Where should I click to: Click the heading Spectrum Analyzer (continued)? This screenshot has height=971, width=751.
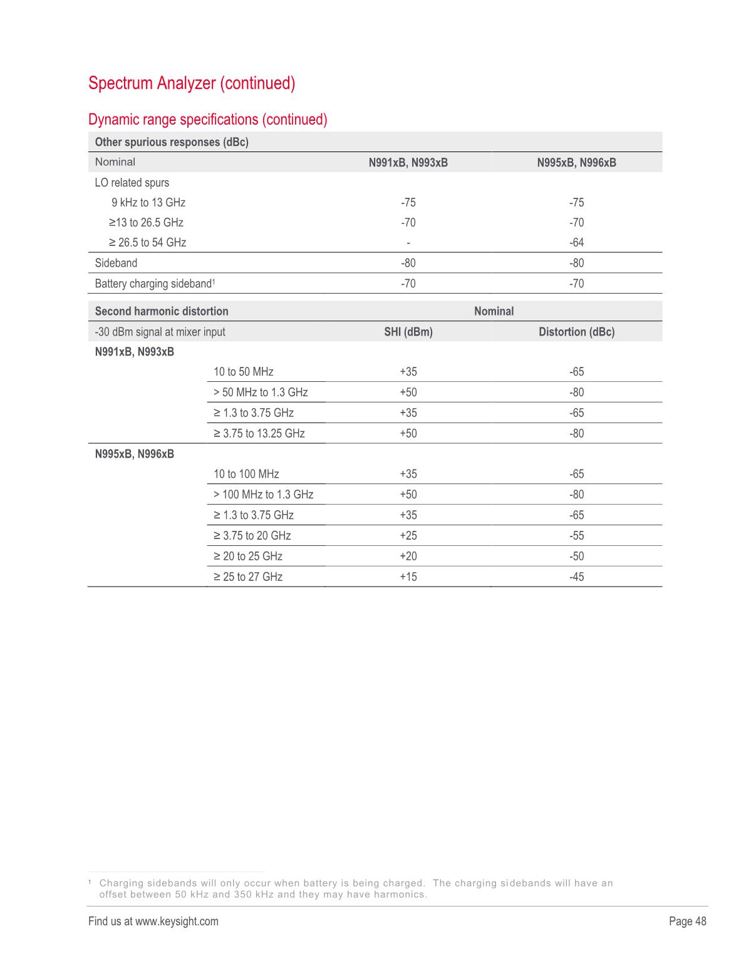pyautogui.click(x=192, y=83)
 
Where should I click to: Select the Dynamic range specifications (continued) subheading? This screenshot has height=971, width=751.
pyautogui.click(x=208, y=119)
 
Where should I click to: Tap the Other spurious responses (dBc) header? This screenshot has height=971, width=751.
pyautogui.click(x=172, y=142)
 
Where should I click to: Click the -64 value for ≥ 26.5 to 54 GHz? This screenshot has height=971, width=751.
pyautogui.click(x=576, y=242)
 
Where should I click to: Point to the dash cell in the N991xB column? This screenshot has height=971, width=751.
pyautogui.click(x=408, y=242)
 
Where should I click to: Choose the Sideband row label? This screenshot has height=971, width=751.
pyautogui.click(x=116, y=263)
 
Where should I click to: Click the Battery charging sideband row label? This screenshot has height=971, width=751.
pyautogui.click(x=153, y=284)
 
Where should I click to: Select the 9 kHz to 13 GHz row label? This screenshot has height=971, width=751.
pyautogui.click(x=148, y=202)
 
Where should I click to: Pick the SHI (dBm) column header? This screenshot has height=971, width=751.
pyautogui.click(x=408, y=332)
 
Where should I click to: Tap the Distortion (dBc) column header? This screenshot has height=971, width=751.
pyautogui.click(x=576, y=332)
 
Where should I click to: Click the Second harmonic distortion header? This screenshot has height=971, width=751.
pyautogui.click(x=162, y=311)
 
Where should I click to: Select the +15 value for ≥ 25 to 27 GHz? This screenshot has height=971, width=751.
pyautogui.click(x=408, y=577)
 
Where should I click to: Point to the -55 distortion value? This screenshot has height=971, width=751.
pyautogui.click(x=576, y=535)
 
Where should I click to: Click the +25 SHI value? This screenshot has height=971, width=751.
pyautogui.click(x=408, y=535)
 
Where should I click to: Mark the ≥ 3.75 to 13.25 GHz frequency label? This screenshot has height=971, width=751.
pyautogui.click(x=259, y=433)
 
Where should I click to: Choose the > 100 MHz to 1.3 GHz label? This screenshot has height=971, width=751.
pyautogui.click(x=264, y=495)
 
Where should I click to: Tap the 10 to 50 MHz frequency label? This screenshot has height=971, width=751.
pyautogui.click(x=244, y=372)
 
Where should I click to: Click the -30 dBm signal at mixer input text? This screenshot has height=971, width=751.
pyautogui.click(x=160, y=332)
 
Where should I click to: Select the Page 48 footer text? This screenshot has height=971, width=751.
pyautogui.click(x=687, y=921)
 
